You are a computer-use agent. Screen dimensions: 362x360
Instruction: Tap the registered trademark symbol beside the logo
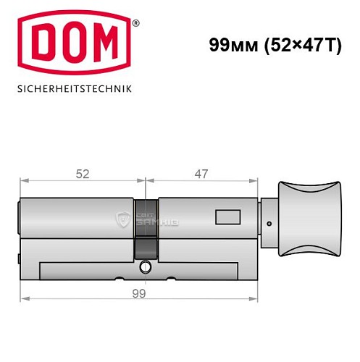pos(135,24)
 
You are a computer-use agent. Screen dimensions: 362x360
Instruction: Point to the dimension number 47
pos(201,174)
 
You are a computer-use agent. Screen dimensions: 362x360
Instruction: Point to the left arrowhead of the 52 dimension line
pos(24,181)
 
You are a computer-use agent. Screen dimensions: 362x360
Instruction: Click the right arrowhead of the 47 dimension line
pos(256,181)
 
